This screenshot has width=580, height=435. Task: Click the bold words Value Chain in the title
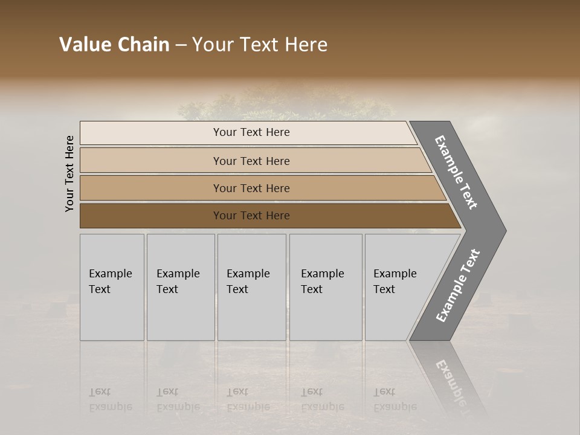click(114, 45)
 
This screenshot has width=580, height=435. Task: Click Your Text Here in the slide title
click(260, 45)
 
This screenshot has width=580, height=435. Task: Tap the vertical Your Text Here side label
click(69, 173)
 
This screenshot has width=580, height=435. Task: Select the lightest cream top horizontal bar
click(248, 132)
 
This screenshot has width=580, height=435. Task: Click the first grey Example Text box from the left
click(112, 287)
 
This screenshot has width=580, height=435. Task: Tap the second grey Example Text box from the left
click(181, 287)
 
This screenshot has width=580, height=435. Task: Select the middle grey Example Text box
click(251, 287)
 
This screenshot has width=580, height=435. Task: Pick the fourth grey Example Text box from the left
click(326, 287)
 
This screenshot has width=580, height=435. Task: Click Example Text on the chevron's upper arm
click(456, 172)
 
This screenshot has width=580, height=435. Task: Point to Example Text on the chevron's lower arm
click(457, 285)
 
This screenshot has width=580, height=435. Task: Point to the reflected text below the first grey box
click(111, 399)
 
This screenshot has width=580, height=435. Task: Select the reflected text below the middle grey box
click(248, 399)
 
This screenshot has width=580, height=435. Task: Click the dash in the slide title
click(181, 45)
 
